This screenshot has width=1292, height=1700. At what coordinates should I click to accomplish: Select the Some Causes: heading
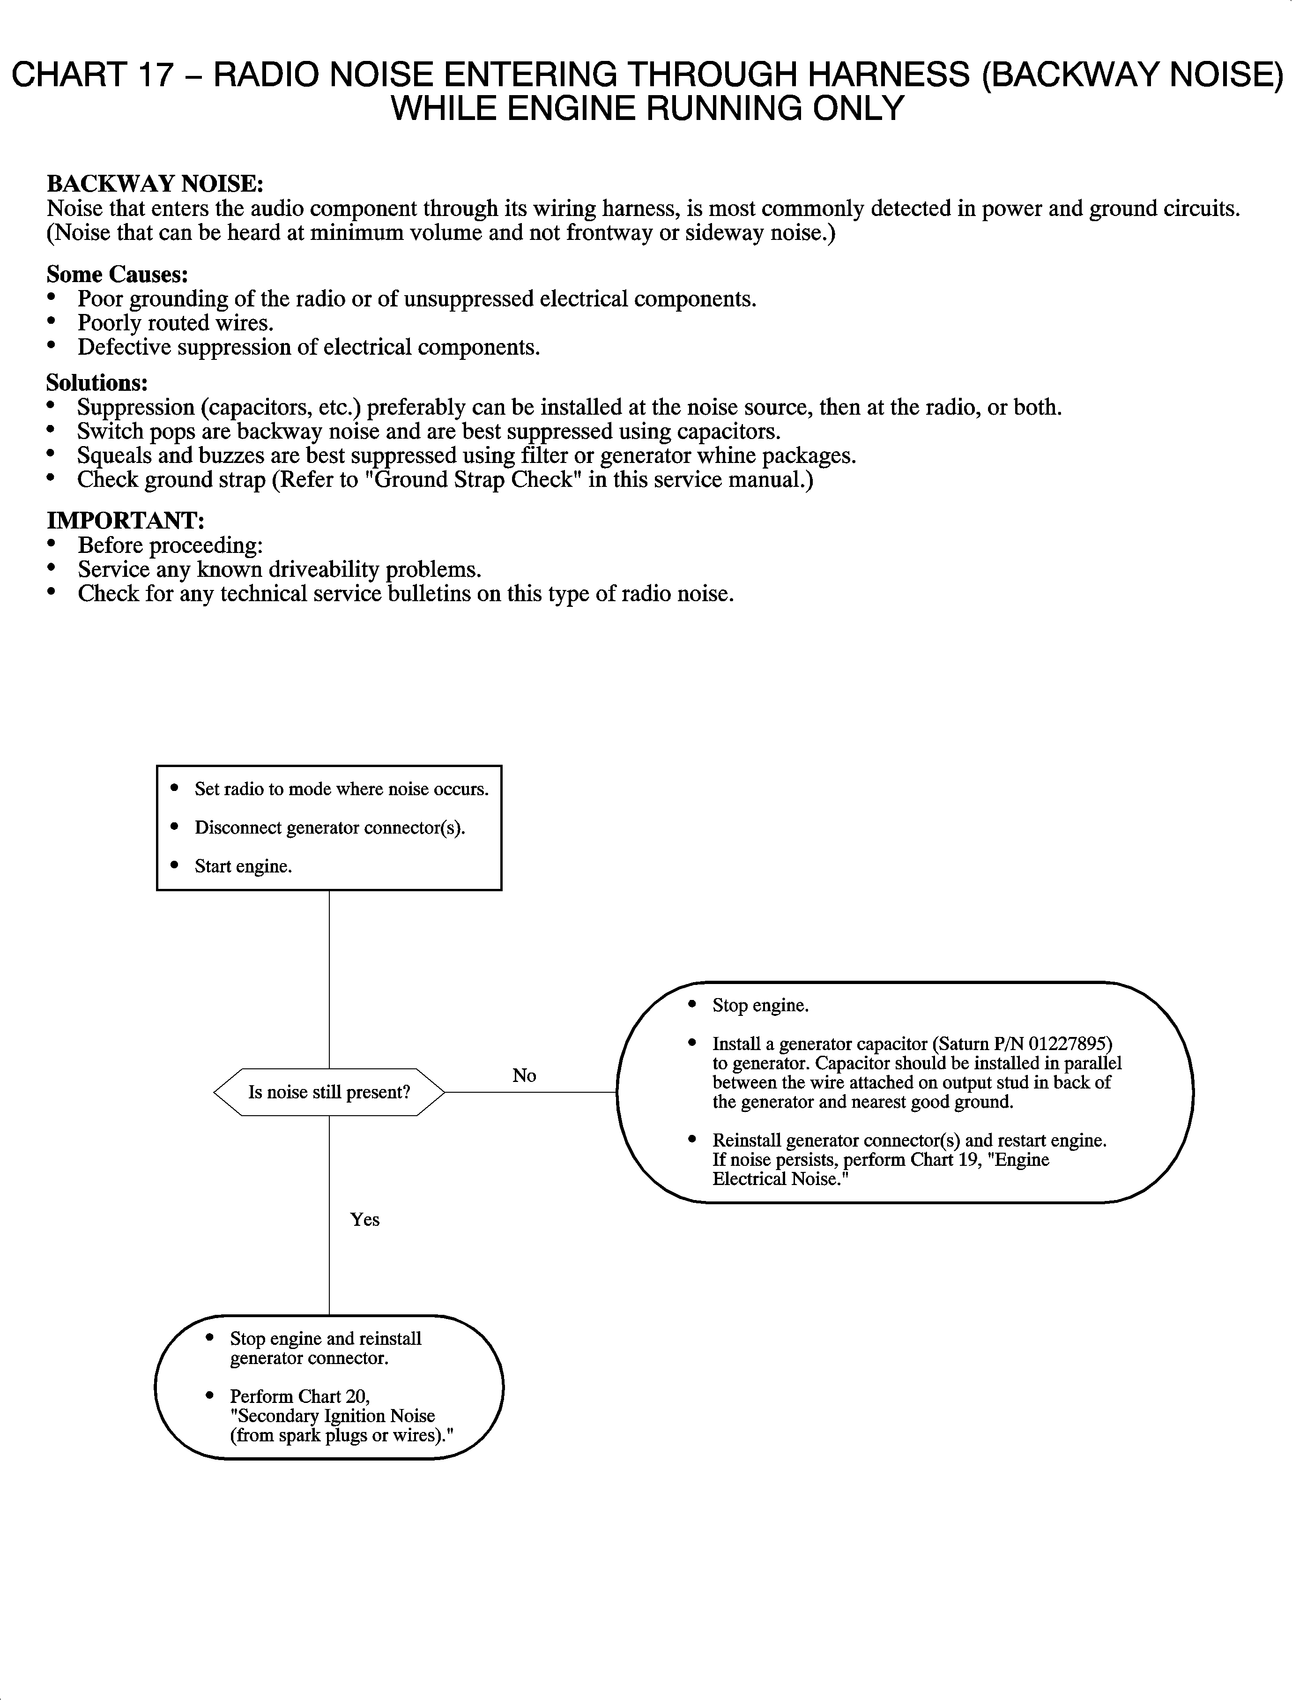click(x=117, y=274)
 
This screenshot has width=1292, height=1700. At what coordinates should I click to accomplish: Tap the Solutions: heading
click(x=97, y=382)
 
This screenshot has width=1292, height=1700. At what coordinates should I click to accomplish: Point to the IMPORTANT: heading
click(x=126, y=521)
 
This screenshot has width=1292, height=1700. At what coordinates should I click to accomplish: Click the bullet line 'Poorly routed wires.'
click(x=175, y=323)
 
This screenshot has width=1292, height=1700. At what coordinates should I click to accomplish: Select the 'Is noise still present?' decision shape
click(x=329, y=1092)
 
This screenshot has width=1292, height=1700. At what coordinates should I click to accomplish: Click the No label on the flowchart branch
click(x=524, y=1075)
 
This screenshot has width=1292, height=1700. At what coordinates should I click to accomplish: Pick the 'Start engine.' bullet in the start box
click(x=243, y=866)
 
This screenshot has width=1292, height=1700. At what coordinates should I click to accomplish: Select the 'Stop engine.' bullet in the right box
click(x=760, y=1006)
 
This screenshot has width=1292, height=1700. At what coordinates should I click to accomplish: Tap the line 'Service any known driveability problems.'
click(x=279, y=570)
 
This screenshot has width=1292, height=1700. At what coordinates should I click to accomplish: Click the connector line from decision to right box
click(x=531, y=1092)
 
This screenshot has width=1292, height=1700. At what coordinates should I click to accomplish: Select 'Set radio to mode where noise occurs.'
click(x=342, y=789)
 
